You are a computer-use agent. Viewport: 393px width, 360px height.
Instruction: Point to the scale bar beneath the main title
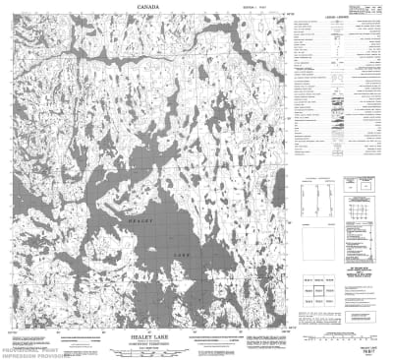pyautogui.click(x=147, y=349)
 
